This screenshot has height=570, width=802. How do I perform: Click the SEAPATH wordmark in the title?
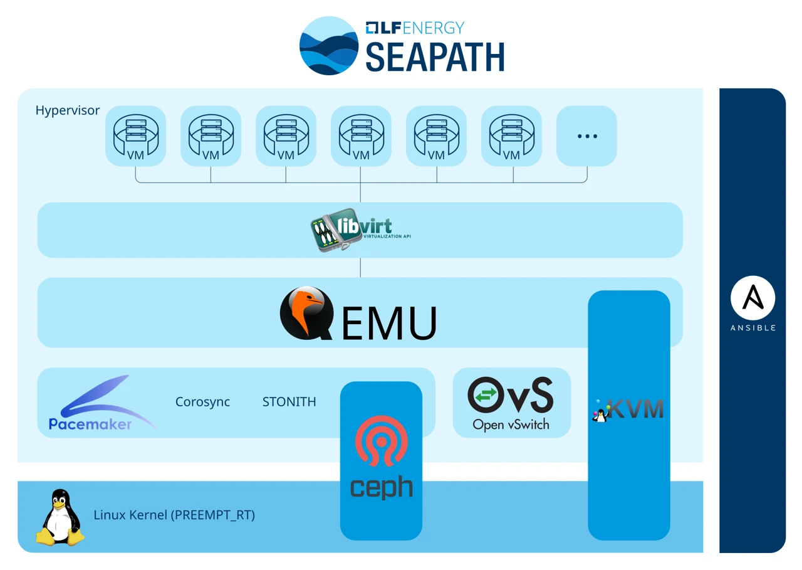[x=435, y=58]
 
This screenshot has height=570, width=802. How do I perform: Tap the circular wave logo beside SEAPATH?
[x=329, y=46]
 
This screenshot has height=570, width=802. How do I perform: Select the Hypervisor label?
[x=68, y=110]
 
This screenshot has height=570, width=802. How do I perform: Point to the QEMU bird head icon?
[x=306, y=313]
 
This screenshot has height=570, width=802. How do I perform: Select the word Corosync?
[x=202, y=402]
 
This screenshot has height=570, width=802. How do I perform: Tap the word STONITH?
[x=289, y=402]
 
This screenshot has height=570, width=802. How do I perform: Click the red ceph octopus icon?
[x=381, y=440]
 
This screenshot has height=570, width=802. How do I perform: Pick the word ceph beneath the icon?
[x=381, y=487]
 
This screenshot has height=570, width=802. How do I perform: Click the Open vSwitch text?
[x=511, y=425]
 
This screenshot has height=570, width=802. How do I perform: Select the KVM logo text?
[x=635, y=409]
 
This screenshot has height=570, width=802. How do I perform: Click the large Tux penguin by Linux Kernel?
[x=60, y=518]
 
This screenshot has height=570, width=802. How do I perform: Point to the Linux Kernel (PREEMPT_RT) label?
[x=174, y=515]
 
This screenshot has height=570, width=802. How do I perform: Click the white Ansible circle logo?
[x=753, y=298]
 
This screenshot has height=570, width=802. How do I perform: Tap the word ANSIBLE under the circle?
[x=753, y=328]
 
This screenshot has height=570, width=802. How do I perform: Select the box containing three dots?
[x=586, y=136]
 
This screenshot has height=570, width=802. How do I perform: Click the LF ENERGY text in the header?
[x=415, y=28]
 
